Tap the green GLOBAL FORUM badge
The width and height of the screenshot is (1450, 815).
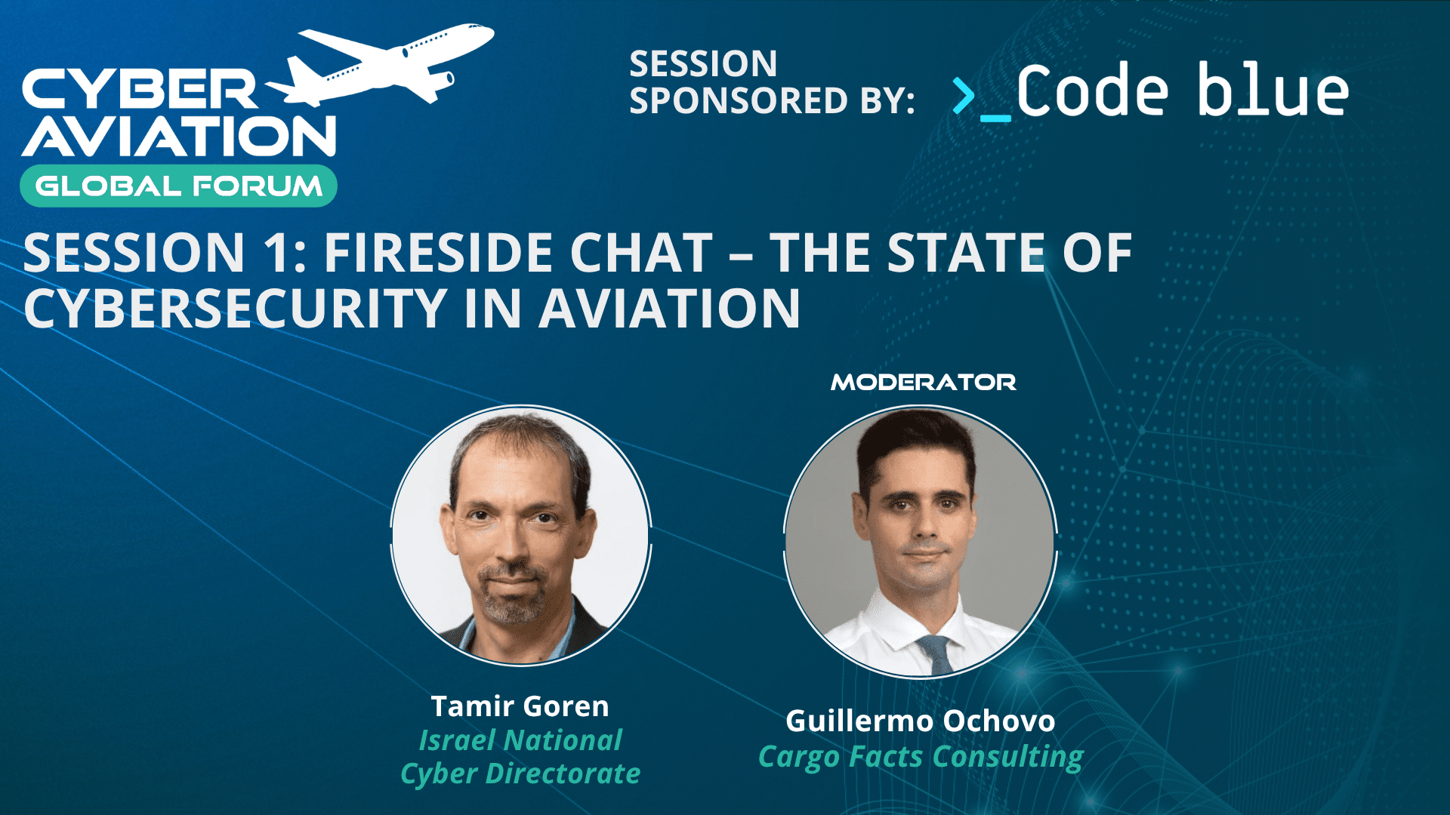178,186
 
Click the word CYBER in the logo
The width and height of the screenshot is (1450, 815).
140,89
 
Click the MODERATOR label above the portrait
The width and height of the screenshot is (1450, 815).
923,383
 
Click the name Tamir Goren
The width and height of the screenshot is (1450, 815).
520,706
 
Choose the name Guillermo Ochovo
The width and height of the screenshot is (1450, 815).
920,721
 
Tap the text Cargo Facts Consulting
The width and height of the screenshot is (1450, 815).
921,756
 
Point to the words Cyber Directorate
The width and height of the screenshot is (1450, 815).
520,773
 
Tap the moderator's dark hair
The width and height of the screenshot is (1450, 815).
915,445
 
